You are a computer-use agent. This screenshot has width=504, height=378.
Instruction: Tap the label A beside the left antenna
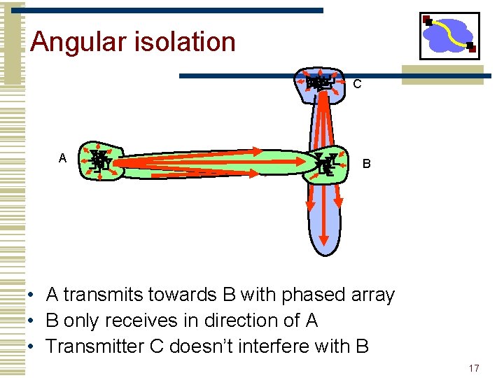pos(62,159)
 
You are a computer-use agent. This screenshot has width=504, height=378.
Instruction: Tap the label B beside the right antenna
pos(366,164)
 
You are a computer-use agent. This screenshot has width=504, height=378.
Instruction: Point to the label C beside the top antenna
pos(357,85)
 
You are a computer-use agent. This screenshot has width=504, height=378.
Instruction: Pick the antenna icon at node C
pos(318,83)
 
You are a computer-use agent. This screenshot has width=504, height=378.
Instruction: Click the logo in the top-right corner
pos(449,36)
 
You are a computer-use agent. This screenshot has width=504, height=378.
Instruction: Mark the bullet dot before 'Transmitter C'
pos(33,346)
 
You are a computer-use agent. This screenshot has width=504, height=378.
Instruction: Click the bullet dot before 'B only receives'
pos(33,321)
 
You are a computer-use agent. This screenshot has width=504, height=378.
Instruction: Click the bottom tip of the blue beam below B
pos(323,256)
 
